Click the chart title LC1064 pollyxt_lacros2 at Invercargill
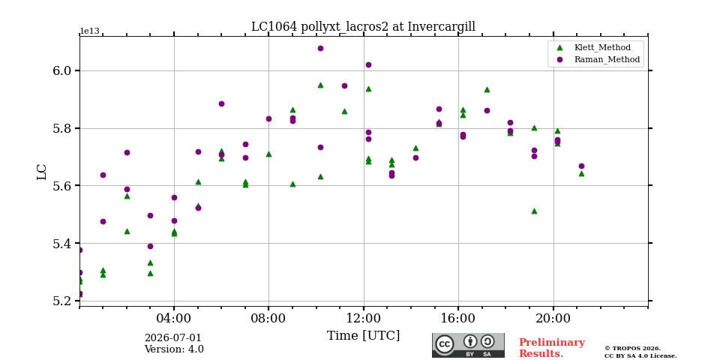point(363,27)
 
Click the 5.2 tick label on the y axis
point(63,301)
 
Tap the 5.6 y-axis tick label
point(63,186)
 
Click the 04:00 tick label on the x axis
point(174,318)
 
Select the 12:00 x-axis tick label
point(364,318)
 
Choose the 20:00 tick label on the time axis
point(553,318)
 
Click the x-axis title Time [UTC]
point(363,336)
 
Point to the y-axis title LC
point(42,172)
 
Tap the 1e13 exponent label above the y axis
point(90,31)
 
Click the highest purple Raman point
point(320,48)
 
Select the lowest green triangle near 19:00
point(534,211)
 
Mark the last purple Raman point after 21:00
point(581,166)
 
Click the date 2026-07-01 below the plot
point(173,338)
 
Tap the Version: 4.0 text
point(174,349)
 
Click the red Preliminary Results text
point(552,348)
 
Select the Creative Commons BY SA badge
point(468,345)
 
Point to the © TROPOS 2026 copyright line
point(632,349)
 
